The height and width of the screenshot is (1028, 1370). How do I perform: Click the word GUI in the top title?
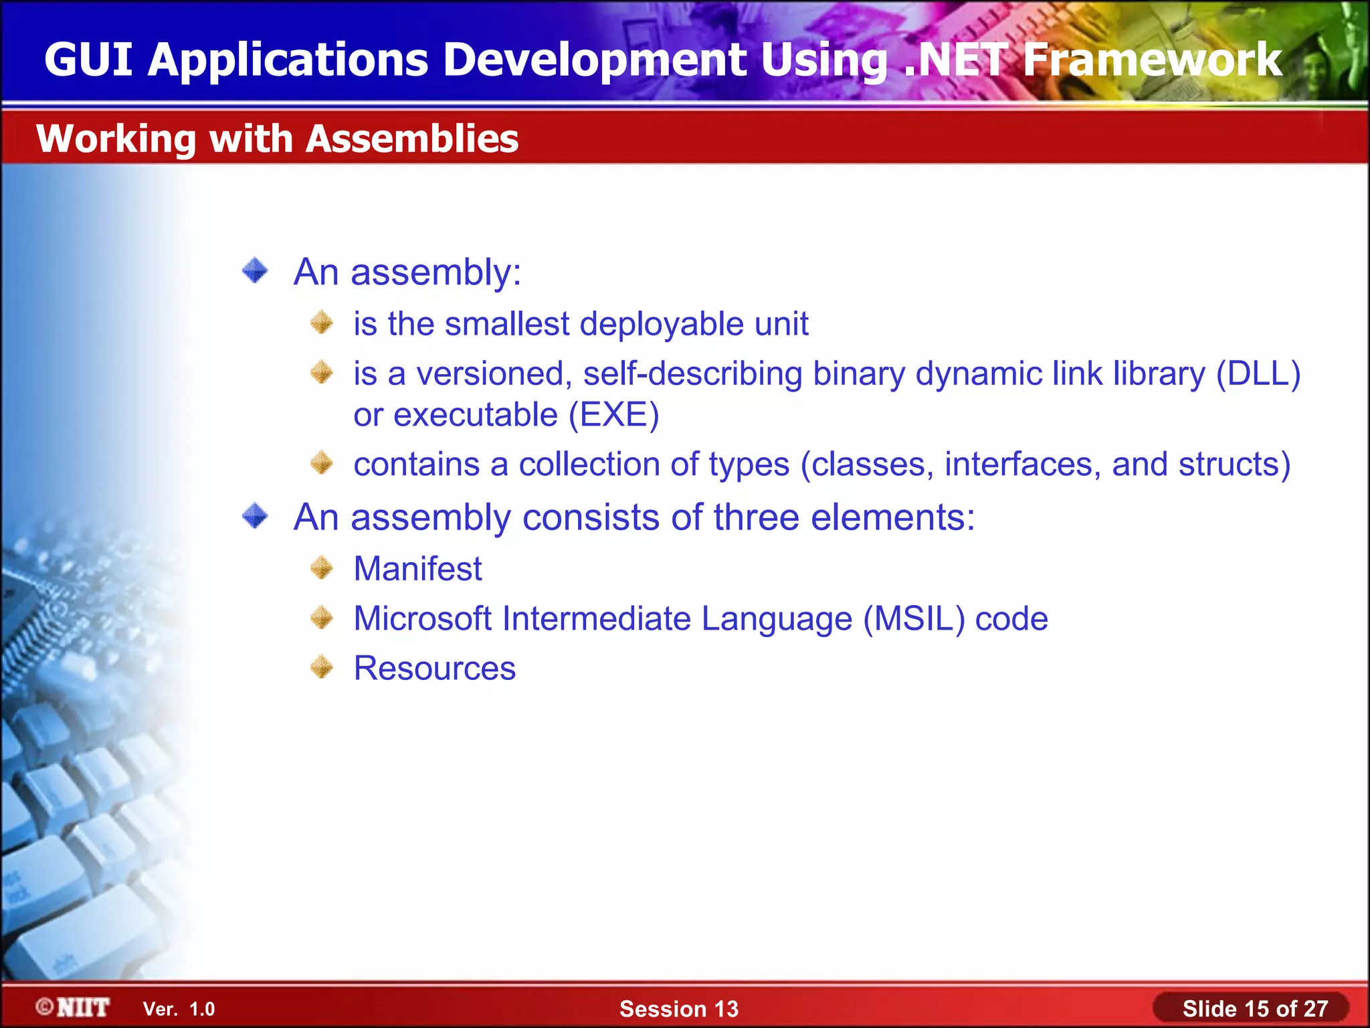(88, 60)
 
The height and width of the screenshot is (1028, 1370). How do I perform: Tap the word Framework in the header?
(1152, 60)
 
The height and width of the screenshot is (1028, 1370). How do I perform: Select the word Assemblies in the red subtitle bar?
(412, 139)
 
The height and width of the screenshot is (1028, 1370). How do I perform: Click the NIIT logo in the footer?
(74, 1007)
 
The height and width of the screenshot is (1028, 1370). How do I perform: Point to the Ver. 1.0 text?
(179, 1009)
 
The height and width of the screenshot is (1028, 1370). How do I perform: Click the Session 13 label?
(678, 1009)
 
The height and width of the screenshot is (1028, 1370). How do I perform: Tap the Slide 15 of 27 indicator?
(1255, 1009)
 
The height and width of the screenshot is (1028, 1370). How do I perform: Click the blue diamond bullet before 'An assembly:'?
(255, 271)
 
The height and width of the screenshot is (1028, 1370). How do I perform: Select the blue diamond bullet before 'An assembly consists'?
(255, 516)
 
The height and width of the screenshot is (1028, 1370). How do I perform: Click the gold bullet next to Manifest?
(322, 568)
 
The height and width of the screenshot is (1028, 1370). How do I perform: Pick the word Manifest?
(417, 569)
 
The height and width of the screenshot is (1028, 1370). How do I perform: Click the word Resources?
(435, 668)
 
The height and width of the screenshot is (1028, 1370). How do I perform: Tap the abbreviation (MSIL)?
(914, 618)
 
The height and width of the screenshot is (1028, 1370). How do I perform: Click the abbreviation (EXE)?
(613, 415)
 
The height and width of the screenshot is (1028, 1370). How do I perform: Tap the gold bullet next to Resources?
(322, 667)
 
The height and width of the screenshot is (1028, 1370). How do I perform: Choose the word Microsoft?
(423, 618)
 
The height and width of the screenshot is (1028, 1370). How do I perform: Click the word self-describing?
(692, 373)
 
